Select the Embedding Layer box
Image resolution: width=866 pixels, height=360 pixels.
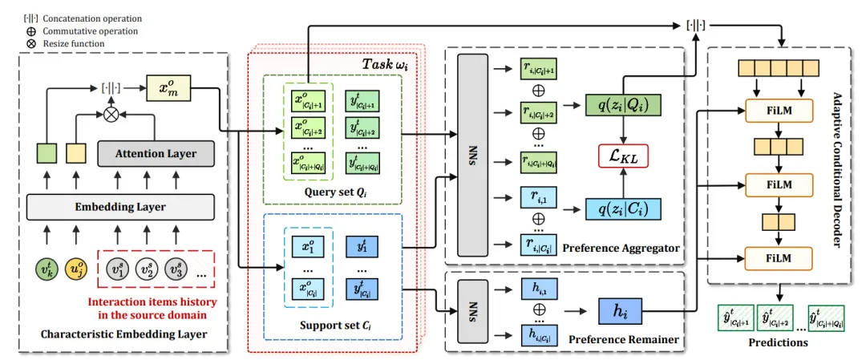[120, 207]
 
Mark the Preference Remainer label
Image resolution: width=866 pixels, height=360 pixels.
[624, 339]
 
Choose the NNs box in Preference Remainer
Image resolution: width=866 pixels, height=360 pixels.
[472, 309]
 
